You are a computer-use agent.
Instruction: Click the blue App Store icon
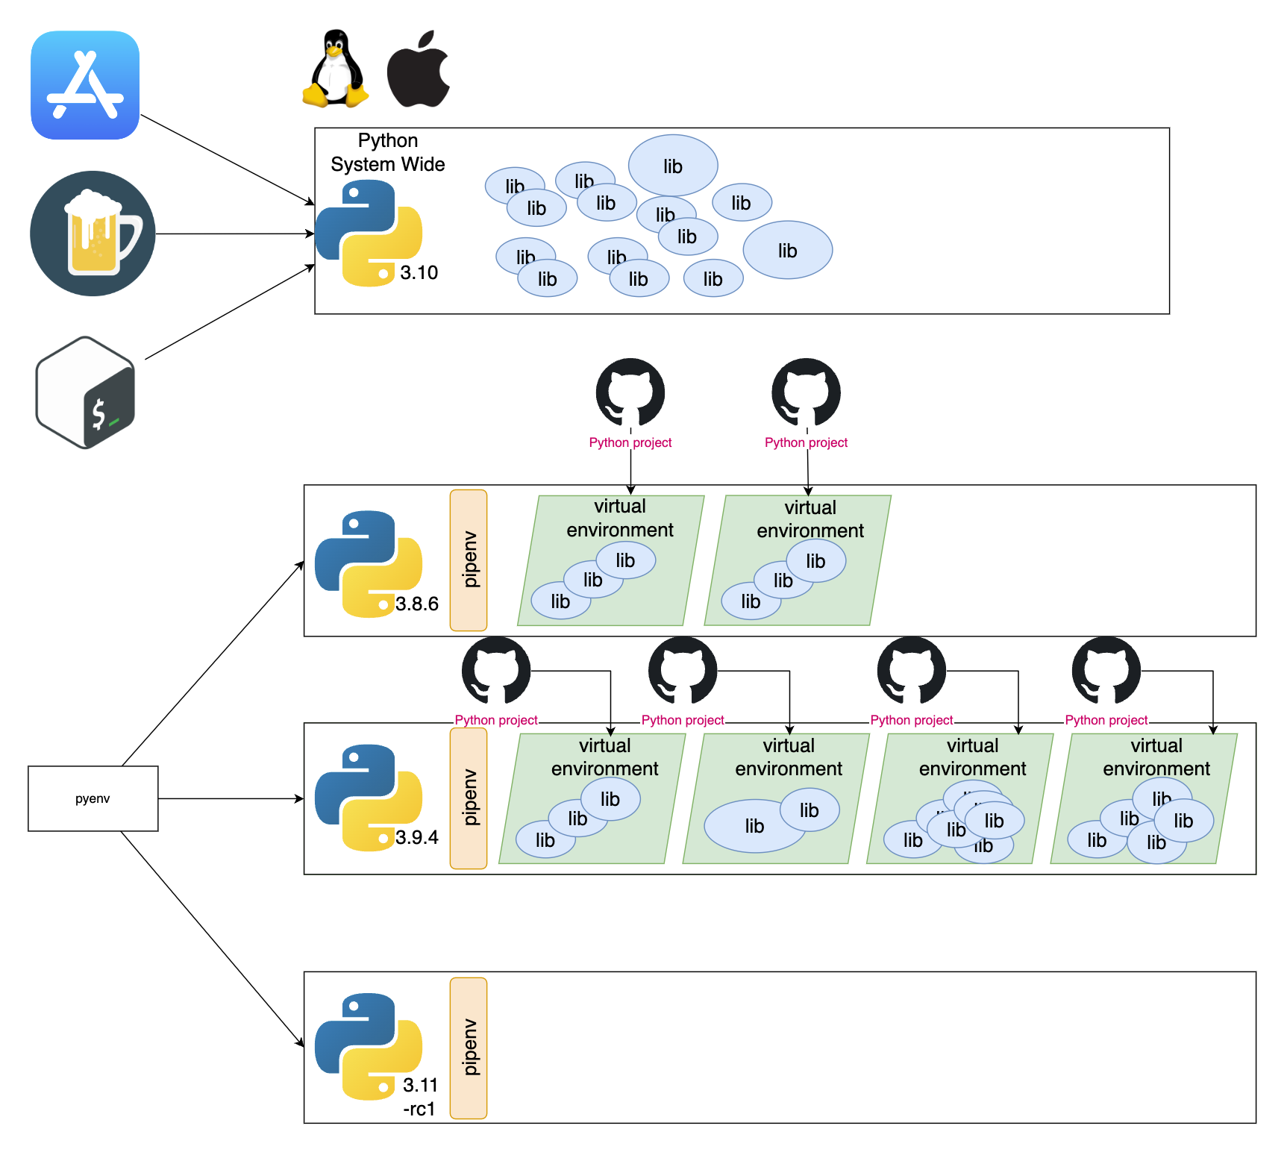pyautogui.click(x=85, y=85)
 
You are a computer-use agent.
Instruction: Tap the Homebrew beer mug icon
pyautogui.click(x=93, y=234)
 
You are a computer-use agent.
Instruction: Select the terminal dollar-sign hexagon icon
pyautogui.click(x=86, y=392)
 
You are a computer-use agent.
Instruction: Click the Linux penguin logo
pyautogui.click(x=336, y=69)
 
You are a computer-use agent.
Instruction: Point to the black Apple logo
pyautogui.click(x=418, y=69)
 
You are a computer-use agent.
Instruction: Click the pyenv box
pyautogui.click(x=93, y=798)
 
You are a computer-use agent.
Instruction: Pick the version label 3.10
pyautogui.click(x=419, y=272)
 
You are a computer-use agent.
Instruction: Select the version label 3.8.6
pyautogui.click(x=417, y=604)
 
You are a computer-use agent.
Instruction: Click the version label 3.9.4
pyautogui.click(x=417, y=837)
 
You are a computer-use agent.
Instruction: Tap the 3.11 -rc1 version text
pyautogui.click(x=419, y=1097)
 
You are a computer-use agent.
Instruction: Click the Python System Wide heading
pyautogui.click(x=387, y=152)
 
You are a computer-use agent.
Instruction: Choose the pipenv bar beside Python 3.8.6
pyautogui.click(x=469, y=560)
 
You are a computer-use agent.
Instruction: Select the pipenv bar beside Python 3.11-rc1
pyautogui.click(x=469, y=1048)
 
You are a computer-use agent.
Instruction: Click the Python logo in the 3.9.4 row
pyautogui.click(x=368, y=798)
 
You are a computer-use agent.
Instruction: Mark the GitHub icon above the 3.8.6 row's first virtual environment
pyautogui.click(x=630, y=392)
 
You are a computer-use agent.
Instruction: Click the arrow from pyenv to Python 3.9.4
pyautogui.click(x=231, y=798)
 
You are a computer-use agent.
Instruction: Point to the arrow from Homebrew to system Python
pyautogui.click(x=235, y=234)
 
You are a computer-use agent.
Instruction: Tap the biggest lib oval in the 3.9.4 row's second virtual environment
pyautogui.click(x=754, y=826)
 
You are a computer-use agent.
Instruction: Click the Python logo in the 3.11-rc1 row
pyautogui.click(x=368, y=1046)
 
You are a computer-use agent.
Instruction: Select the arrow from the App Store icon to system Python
pyautogui.click(x=228, y=159)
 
